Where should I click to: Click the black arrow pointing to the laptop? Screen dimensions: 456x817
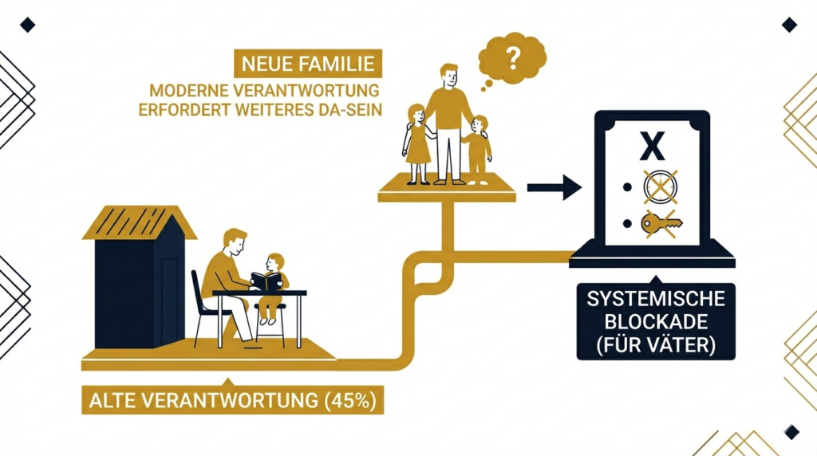(553, 188)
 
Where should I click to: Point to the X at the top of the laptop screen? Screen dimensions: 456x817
(653, 147)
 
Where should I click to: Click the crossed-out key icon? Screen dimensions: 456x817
(661, 224)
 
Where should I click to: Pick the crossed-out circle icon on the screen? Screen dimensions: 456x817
(661, 187)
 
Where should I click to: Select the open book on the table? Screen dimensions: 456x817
(266, 281)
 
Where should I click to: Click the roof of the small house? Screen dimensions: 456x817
(140, 221)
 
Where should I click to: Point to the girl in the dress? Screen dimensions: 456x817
(417, 143)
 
